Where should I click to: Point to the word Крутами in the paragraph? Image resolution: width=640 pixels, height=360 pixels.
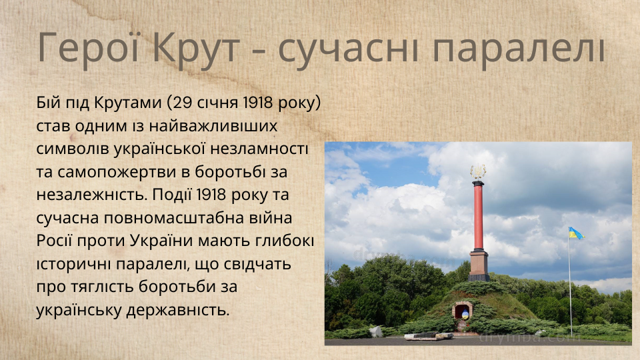[x=128, y=103]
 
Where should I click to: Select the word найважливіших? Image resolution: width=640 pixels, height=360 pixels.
[x=213, y=126]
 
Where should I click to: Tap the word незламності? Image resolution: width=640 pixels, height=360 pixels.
[x=259, y=149]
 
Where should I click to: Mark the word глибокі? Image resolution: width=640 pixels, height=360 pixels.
[x=285, y=241]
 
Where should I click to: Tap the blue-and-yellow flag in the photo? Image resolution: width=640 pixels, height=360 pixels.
[x=576, y=233]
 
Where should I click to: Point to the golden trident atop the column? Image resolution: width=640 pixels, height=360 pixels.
[x=478, y=171]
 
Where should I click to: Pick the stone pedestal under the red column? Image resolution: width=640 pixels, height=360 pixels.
[x=479, y=265]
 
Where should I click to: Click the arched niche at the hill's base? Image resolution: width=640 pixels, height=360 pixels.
[x=463, y=312]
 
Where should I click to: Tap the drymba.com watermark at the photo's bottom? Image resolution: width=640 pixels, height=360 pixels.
[x=529, y=337]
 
